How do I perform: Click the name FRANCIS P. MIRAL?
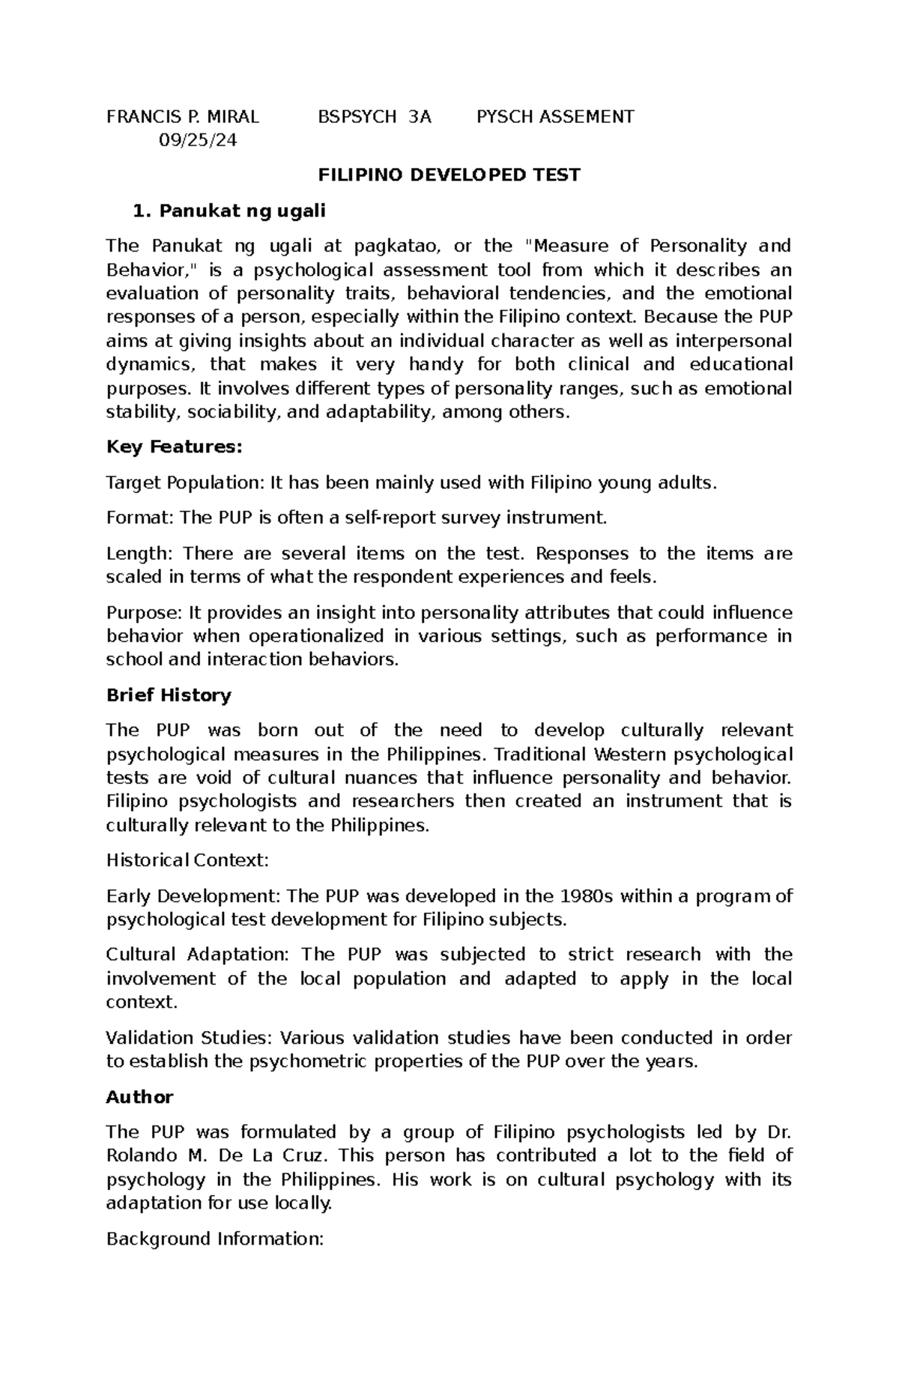pyautogui.click(x=183, y=116)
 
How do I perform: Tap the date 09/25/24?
pyautogui.click(x=198, y=140)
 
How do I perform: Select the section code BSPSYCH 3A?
pyautogui.click(x=375, y=116)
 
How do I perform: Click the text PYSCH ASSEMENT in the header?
pyautogui.click(x=555, y=116)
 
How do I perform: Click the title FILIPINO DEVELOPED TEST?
pyautogui.click(x=449, y=175)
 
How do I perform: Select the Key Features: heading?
pyautogui.click(x=175, y=447)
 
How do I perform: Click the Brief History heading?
pyautogui.click(x=169, y=695)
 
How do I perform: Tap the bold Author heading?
pyautogui.click(x=139, y=1097)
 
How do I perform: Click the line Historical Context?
pyautogui.click(x=187, y=860)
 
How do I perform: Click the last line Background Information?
pyautogui.click(x=214, y=1239)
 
